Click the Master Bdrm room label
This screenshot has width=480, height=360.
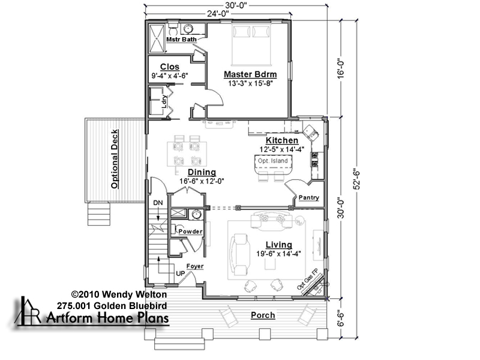point(250,74)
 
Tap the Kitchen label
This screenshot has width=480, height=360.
point(281,140)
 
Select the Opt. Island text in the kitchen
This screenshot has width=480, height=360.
point(272,161)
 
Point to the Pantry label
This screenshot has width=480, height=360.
point(308,198)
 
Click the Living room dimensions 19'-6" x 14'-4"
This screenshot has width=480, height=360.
point(278,253)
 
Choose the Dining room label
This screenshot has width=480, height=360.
point(202,172)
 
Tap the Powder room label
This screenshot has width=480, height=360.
point(190,232)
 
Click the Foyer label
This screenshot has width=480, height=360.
point(195,266)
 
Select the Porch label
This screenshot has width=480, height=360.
point(263,316)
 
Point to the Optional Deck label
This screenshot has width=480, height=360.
point(115,159)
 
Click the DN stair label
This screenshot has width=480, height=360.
point(158,203)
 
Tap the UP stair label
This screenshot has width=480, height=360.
point(180,273)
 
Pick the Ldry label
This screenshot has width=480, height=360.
point(164,101)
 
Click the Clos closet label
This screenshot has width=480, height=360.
point(170,67)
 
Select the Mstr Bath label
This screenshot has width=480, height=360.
point(181,40)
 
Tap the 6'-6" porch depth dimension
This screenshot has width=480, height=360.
point(341,319)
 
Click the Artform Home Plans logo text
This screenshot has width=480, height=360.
point(107,318)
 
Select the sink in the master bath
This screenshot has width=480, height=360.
point(188,29)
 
